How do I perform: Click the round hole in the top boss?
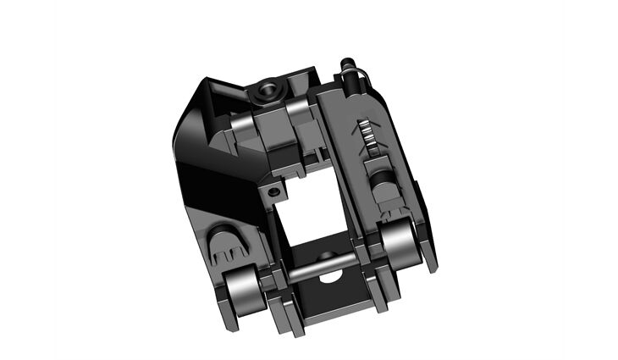[x=269, y=86]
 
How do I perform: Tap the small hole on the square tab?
[x=273, y=193]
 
